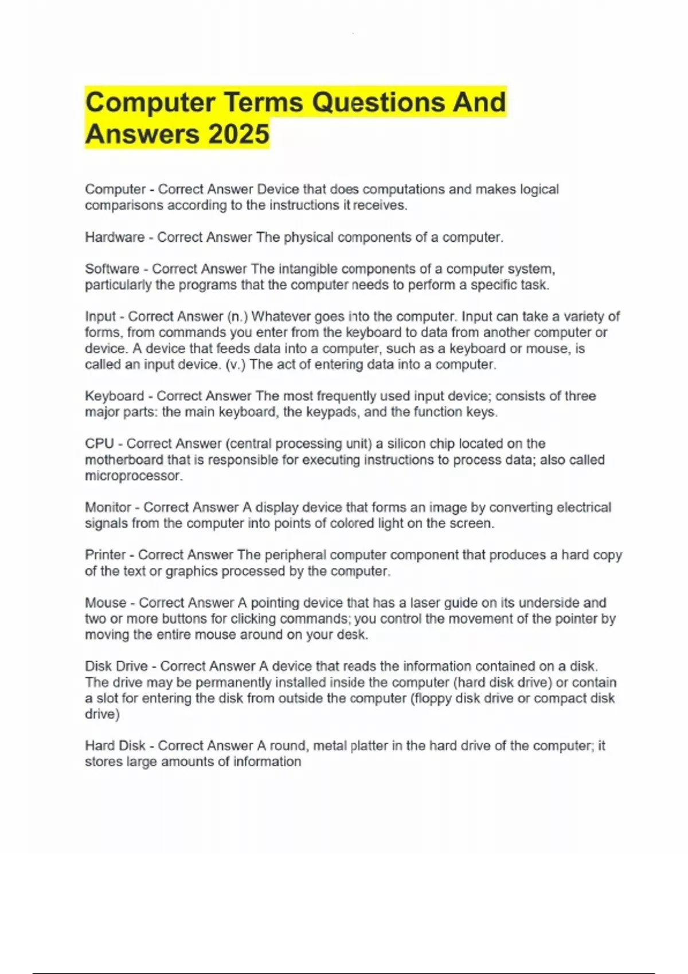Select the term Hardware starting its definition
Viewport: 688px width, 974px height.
[115, 237]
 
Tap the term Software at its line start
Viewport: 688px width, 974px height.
[112, 269]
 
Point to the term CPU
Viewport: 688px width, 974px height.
[99, 443]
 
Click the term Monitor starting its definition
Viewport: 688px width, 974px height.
[108, 507]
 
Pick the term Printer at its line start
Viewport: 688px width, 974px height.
[105, 555]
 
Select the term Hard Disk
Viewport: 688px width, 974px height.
[115, 745]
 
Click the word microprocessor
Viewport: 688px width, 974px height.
[133, 476]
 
